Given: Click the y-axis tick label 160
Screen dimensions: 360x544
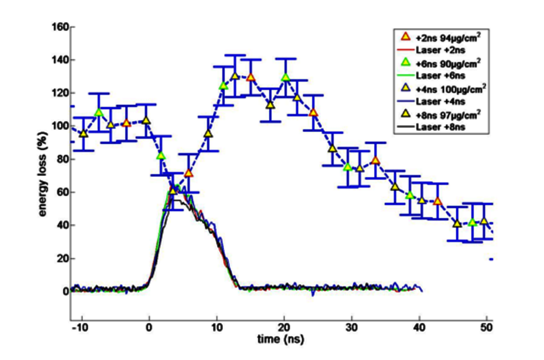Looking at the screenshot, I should [x=60, y=27].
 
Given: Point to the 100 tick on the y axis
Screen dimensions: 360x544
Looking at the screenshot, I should [x=60, y=126].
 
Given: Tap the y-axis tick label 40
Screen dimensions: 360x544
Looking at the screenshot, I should [x=62, y=226].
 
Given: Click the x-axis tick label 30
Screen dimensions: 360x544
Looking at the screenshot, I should [x=351, y=328].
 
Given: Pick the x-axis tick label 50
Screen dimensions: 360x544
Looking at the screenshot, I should [x=487, y=328].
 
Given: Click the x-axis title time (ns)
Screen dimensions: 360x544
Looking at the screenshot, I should [x=281, y=339].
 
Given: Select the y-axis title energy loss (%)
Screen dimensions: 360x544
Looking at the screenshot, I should [x=42, y=174].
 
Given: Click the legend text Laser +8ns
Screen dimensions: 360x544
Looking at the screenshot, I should [x=440, y=127].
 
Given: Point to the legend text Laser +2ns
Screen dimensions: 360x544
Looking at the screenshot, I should [x=440, y=50].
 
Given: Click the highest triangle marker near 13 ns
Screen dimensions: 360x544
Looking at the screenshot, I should [x=235, y=76].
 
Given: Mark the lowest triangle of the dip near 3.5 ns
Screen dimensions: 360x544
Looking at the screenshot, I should [x=173, y=191].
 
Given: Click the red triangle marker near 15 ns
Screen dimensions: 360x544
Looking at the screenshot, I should [x=251, y=78].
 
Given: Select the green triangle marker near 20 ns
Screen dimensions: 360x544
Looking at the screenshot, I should [x=286, y=77].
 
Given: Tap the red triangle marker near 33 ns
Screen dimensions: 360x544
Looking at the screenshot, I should [x=376, y=161].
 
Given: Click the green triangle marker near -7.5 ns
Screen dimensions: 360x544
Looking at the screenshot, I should [x=99, y=112].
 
